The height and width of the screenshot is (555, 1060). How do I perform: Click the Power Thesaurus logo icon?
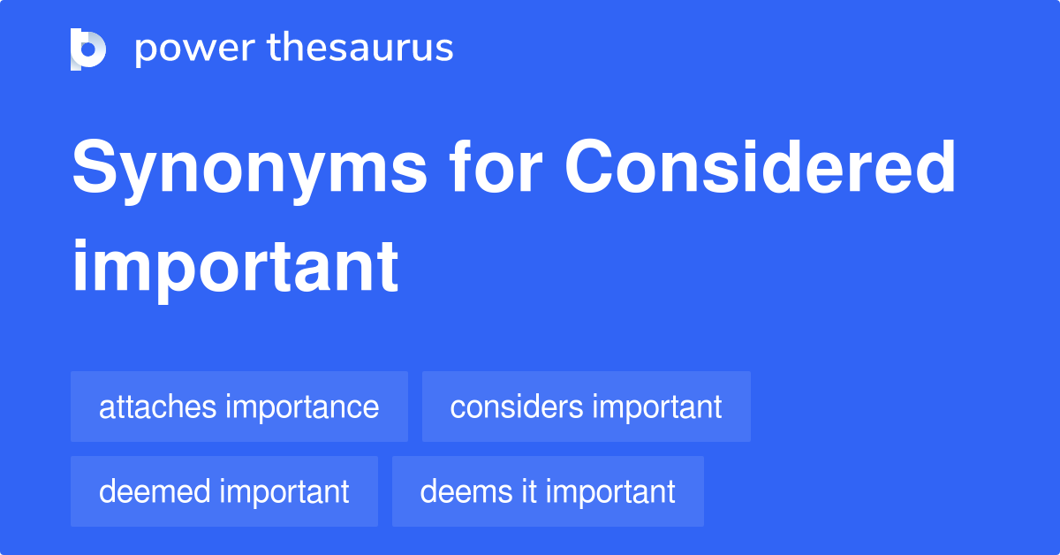point(88,49)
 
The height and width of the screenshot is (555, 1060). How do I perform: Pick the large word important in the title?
point(235,266)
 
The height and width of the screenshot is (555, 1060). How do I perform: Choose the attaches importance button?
point(238,407)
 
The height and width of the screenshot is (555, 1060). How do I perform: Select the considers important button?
point(586,407)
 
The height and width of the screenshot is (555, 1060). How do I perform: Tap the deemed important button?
point(223,491)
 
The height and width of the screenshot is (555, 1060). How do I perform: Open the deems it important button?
point(548,491)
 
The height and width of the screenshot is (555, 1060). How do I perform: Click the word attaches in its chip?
point(157,407)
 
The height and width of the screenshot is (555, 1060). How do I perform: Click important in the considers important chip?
point(657,407)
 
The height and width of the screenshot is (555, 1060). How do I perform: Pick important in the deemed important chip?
point(284,491)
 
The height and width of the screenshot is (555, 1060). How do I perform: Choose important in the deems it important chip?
point(611,491)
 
